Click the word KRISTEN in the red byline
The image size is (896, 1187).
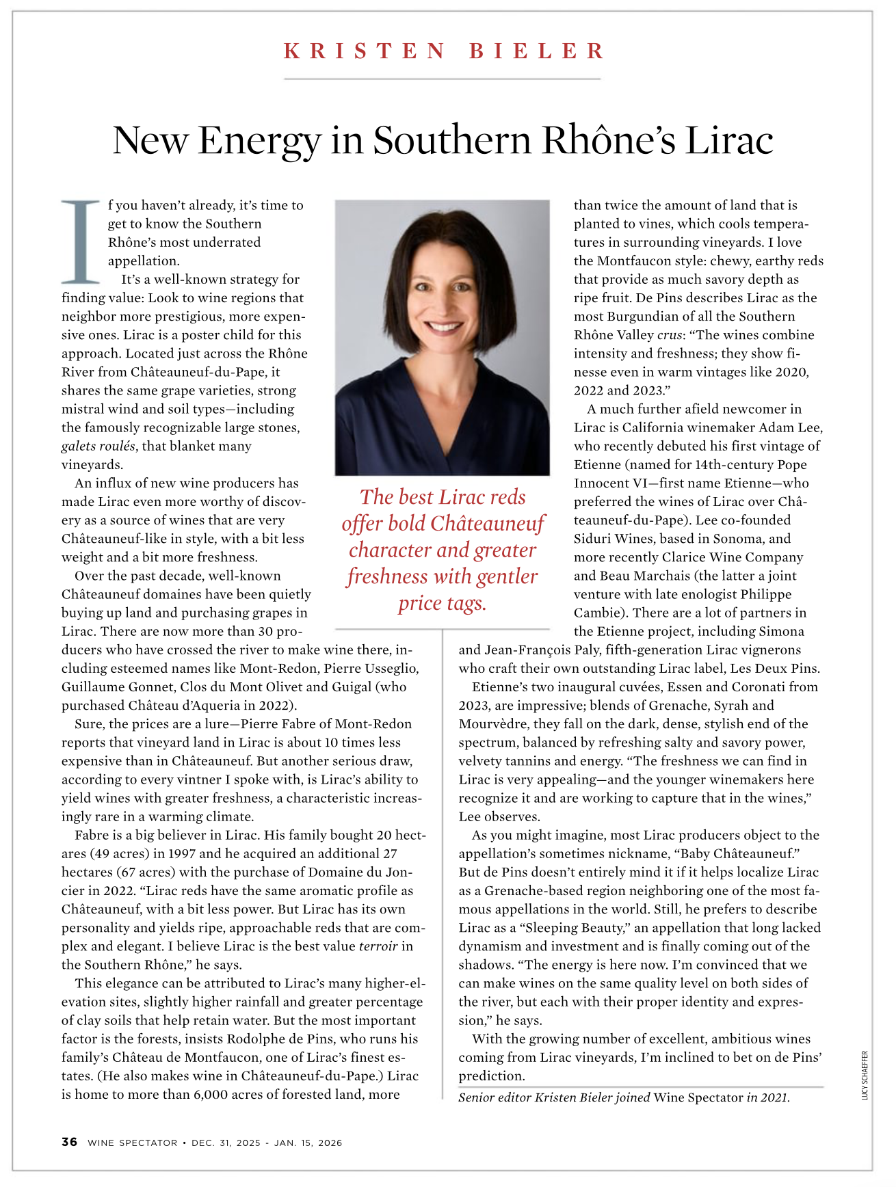365,51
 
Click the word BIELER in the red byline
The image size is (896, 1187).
537,51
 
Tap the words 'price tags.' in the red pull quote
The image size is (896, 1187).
442,603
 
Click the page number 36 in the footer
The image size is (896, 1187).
69,1143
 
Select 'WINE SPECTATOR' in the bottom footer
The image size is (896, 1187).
132,1143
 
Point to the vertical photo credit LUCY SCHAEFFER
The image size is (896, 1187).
865,1076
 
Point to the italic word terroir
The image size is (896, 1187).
378,946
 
